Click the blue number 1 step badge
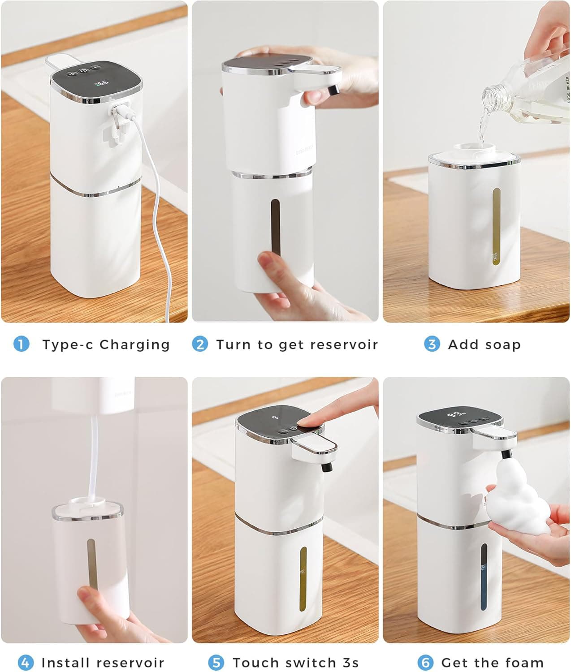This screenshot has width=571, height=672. click(x=21, y=344)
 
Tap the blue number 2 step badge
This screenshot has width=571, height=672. click(x=200, y=344)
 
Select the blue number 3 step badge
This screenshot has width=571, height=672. click(x=432, y=344)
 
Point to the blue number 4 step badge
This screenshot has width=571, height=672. click(x=25, y=662)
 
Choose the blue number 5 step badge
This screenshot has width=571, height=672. click(x=216, y=662)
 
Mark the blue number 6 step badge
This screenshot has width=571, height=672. click(x=425, y=662)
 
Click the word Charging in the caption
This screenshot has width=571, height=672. click(x=134, y=345)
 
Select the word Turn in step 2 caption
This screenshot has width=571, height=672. click(x=234, y=344)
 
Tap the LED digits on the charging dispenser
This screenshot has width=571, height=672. click(x=102, y=83)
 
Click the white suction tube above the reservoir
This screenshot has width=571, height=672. click(x=95, y=452)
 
